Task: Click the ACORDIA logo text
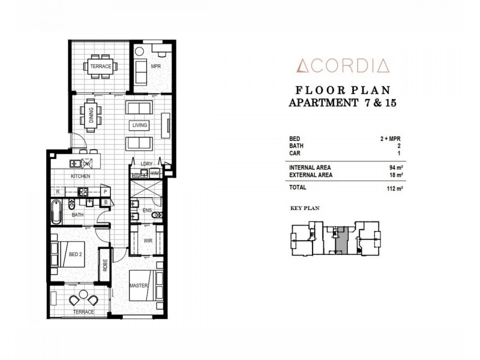pos(340,64)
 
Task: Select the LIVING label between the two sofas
pos(140,125)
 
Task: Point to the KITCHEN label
pos(80,176)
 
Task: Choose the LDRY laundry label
pos(146,163)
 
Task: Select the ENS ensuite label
pos(148,211)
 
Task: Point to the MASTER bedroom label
pos(139,286)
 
